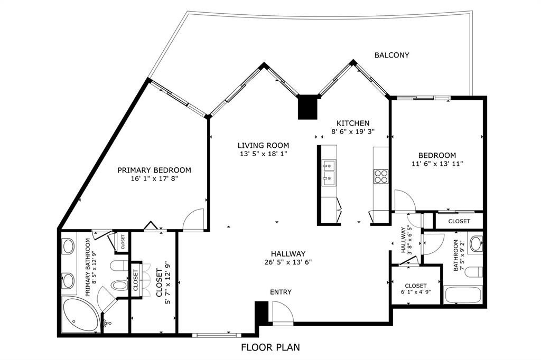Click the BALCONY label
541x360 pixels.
[391, 55]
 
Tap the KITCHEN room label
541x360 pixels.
[350, 123]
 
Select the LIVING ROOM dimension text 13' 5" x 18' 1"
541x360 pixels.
[263, 154]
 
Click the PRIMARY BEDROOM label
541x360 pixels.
[154, 170]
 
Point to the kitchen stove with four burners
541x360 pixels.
[381, 176]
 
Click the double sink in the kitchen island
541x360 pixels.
[328, 173]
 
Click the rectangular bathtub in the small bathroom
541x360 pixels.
[463, 295]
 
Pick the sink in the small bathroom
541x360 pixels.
[475, 244]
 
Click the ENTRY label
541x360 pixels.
[281, 292]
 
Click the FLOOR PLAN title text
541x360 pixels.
[270, 347]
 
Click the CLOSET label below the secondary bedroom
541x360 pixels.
[459, 221]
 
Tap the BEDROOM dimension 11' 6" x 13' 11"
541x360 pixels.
[437, 164]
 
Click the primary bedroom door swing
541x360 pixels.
[193, 220]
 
